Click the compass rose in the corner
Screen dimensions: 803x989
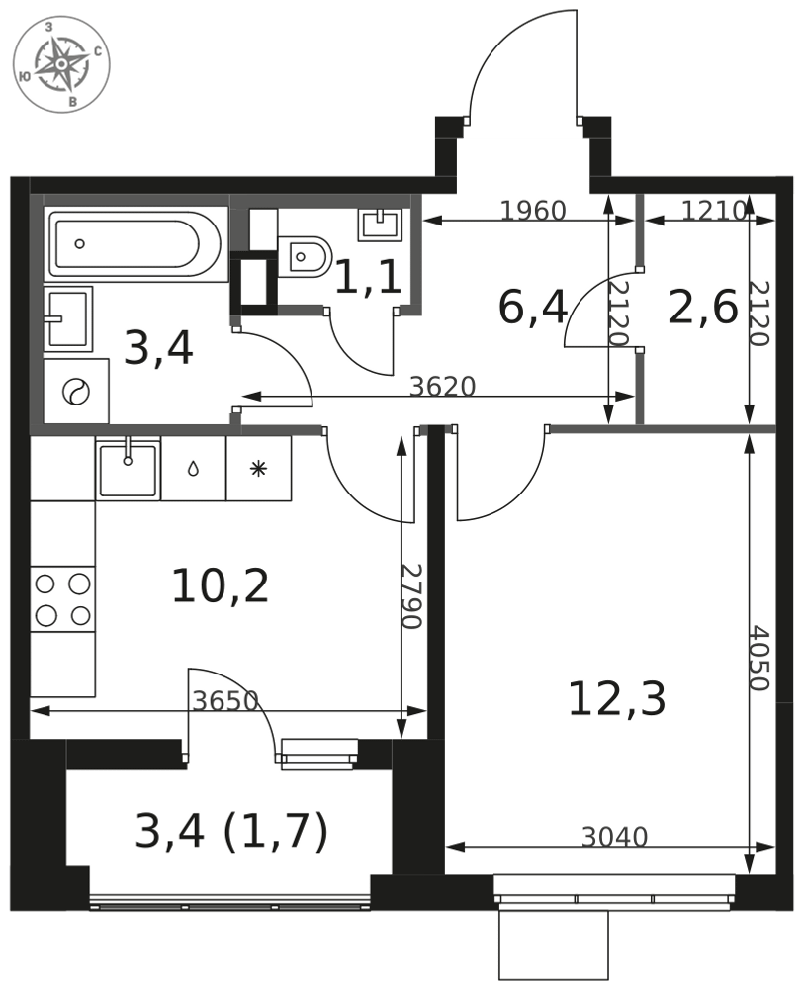(61, 64)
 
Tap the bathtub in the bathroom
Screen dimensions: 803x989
(135, 244)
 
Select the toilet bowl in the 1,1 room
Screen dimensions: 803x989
(305, 257)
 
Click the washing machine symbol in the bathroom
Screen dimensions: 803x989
(76, 391)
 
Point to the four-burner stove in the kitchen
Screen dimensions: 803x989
(62, 598)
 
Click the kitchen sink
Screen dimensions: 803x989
(128, 469)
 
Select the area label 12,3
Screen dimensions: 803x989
(617, 699)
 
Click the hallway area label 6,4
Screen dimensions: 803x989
(533, 308)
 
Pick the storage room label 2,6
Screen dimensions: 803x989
(703, 308)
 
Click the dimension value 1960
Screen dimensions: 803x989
(533, 211)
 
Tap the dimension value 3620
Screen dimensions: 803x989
(442, 387)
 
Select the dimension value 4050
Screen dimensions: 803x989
(758, 658)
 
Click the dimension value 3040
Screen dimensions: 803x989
(614, 837)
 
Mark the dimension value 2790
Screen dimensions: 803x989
(410, 595)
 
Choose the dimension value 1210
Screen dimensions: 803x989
(714, 210)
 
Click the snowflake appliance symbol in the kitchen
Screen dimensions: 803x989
(258, 469)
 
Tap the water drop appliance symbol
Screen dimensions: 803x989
(193, 469)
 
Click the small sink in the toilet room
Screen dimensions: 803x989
(379, 224)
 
